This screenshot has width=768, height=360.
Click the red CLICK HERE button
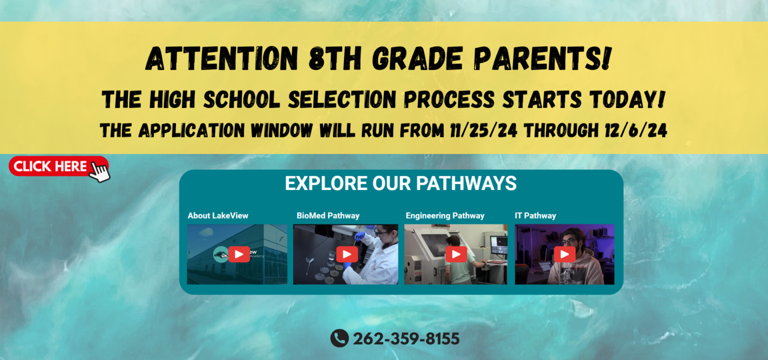50,166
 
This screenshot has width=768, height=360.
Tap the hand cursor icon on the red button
100,171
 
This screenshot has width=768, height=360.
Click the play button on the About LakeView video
238,254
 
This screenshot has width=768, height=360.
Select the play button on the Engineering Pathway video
455,254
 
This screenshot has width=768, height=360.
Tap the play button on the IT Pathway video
564,254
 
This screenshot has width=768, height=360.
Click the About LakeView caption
218,215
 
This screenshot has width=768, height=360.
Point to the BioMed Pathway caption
328,215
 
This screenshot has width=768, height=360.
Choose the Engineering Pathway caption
445,215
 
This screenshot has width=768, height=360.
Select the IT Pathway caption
535,215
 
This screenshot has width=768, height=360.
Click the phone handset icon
339,338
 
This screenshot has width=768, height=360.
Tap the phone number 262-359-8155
406,339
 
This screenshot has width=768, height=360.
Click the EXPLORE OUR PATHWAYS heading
400,183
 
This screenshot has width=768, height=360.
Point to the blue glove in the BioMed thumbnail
359,235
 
